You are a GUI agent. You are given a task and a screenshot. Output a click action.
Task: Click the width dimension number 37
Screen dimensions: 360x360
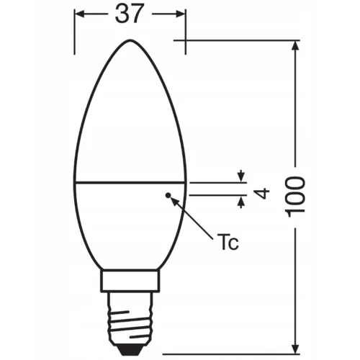coord(130,14)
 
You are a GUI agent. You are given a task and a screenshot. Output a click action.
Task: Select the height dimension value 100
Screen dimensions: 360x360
coord(296,194)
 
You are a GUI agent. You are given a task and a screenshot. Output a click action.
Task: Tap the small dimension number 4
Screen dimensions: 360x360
coord(263,193)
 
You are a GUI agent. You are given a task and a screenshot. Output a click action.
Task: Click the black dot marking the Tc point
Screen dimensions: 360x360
coord(168,194)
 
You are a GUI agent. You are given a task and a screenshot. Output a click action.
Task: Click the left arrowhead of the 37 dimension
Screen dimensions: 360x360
coord(79,14)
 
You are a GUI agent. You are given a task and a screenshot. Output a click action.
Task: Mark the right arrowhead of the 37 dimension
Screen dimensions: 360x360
coord(181,14)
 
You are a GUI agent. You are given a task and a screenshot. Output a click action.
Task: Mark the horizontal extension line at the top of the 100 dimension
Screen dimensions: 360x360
coord(245,40)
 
